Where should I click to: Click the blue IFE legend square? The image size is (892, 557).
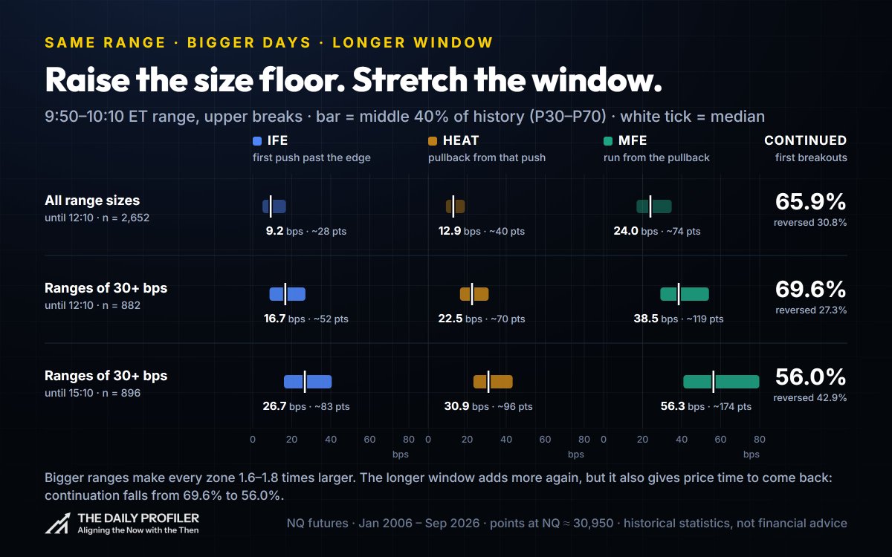[x=257, y=141]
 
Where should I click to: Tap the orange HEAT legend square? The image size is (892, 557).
[x=433, y=141]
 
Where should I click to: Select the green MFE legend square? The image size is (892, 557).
[x=608, y=141]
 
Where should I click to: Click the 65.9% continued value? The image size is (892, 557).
[x=810, y=202]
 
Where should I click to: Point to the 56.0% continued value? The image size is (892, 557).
[x=810, y=377]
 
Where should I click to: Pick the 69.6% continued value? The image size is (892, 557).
[x=810, y=289]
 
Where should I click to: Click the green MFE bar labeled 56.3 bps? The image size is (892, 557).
[x=721, y=382]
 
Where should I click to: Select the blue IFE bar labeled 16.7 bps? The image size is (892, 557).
[x=288, y=294]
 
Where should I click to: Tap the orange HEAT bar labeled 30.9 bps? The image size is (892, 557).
[x=493, y=382]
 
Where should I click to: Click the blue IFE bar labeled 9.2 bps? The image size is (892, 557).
[x=274, y=206]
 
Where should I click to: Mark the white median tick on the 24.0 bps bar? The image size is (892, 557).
[x=650, y=206]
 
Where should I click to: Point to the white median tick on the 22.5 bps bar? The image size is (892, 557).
[x=472, y=294]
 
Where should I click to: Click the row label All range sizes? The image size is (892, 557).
[x=92, y=200]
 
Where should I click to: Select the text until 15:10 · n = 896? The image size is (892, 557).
[x=92, y=393]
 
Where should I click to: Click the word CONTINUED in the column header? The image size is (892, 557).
[x=805, y=140]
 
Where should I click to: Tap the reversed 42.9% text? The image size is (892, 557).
[x=810, y=397]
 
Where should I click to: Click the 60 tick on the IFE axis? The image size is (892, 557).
[x=369, y=439]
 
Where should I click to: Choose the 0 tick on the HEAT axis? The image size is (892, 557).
[x=428, y=439]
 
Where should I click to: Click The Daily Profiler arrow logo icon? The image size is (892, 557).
[x=58, y=523]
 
